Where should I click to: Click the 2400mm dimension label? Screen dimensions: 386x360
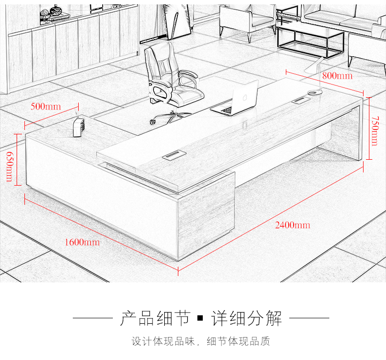point(292,225)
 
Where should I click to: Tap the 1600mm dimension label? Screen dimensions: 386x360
point(82,242)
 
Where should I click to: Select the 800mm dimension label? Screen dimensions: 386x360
point(337,76)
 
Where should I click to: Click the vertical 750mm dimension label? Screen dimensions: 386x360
point(374,130)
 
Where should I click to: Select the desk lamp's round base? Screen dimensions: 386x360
point(315,92)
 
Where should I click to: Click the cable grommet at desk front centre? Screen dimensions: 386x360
point(171,156)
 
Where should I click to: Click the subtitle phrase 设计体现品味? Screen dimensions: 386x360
point(163,341)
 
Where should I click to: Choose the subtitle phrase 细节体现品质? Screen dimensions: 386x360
point(238,341)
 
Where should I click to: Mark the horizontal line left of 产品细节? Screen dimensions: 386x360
point(92,318)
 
